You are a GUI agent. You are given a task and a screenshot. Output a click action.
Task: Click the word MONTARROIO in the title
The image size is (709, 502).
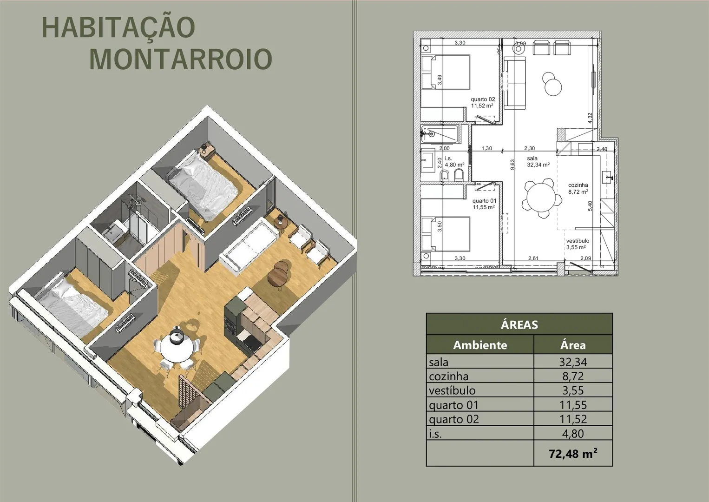coord(181,59)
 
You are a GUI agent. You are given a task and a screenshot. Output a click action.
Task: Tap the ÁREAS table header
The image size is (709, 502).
coord(519,324)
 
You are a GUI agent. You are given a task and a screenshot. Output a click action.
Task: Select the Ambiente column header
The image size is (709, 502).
coord(480,345)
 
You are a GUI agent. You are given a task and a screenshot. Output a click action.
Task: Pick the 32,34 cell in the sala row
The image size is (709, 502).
coord(573,362)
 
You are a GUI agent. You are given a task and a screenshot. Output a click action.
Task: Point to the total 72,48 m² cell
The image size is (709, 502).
coord(573,454)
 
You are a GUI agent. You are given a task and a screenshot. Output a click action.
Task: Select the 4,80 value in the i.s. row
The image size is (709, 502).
coord(573,433)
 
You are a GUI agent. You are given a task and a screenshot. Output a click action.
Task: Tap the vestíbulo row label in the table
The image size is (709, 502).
coord(452,390)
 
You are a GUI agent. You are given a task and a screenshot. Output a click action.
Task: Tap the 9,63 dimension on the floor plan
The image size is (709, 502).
coord(513,164)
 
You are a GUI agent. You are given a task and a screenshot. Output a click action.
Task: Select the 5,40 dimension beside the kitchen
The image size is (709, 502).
coord(590,206)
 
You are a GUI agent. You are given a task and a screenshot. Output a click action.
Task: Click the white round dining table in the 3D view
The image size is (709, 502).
coord(176,350)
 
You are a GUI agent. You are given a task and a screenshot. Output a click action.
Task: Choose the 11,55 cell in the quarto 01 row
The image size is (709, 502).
coord(573,405)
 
